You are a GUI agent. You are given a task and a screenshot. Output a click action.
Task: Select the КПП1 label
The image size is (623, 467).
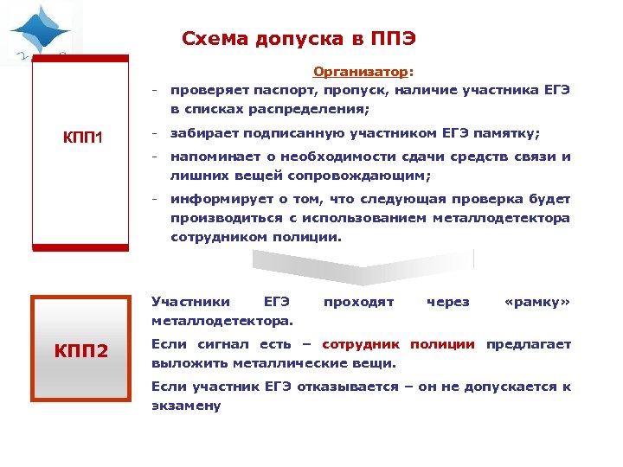point(83,138)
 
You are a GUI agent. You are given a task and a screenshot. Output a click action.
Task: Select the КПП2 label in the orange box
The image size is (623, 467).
point(81,351)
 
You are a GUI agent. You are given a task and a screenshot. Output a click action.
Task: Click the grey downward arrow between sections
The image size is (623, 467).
point(363,265)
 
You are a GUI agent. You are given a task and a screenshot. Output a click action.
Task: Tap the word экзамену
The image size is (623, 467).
point(186,405)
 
